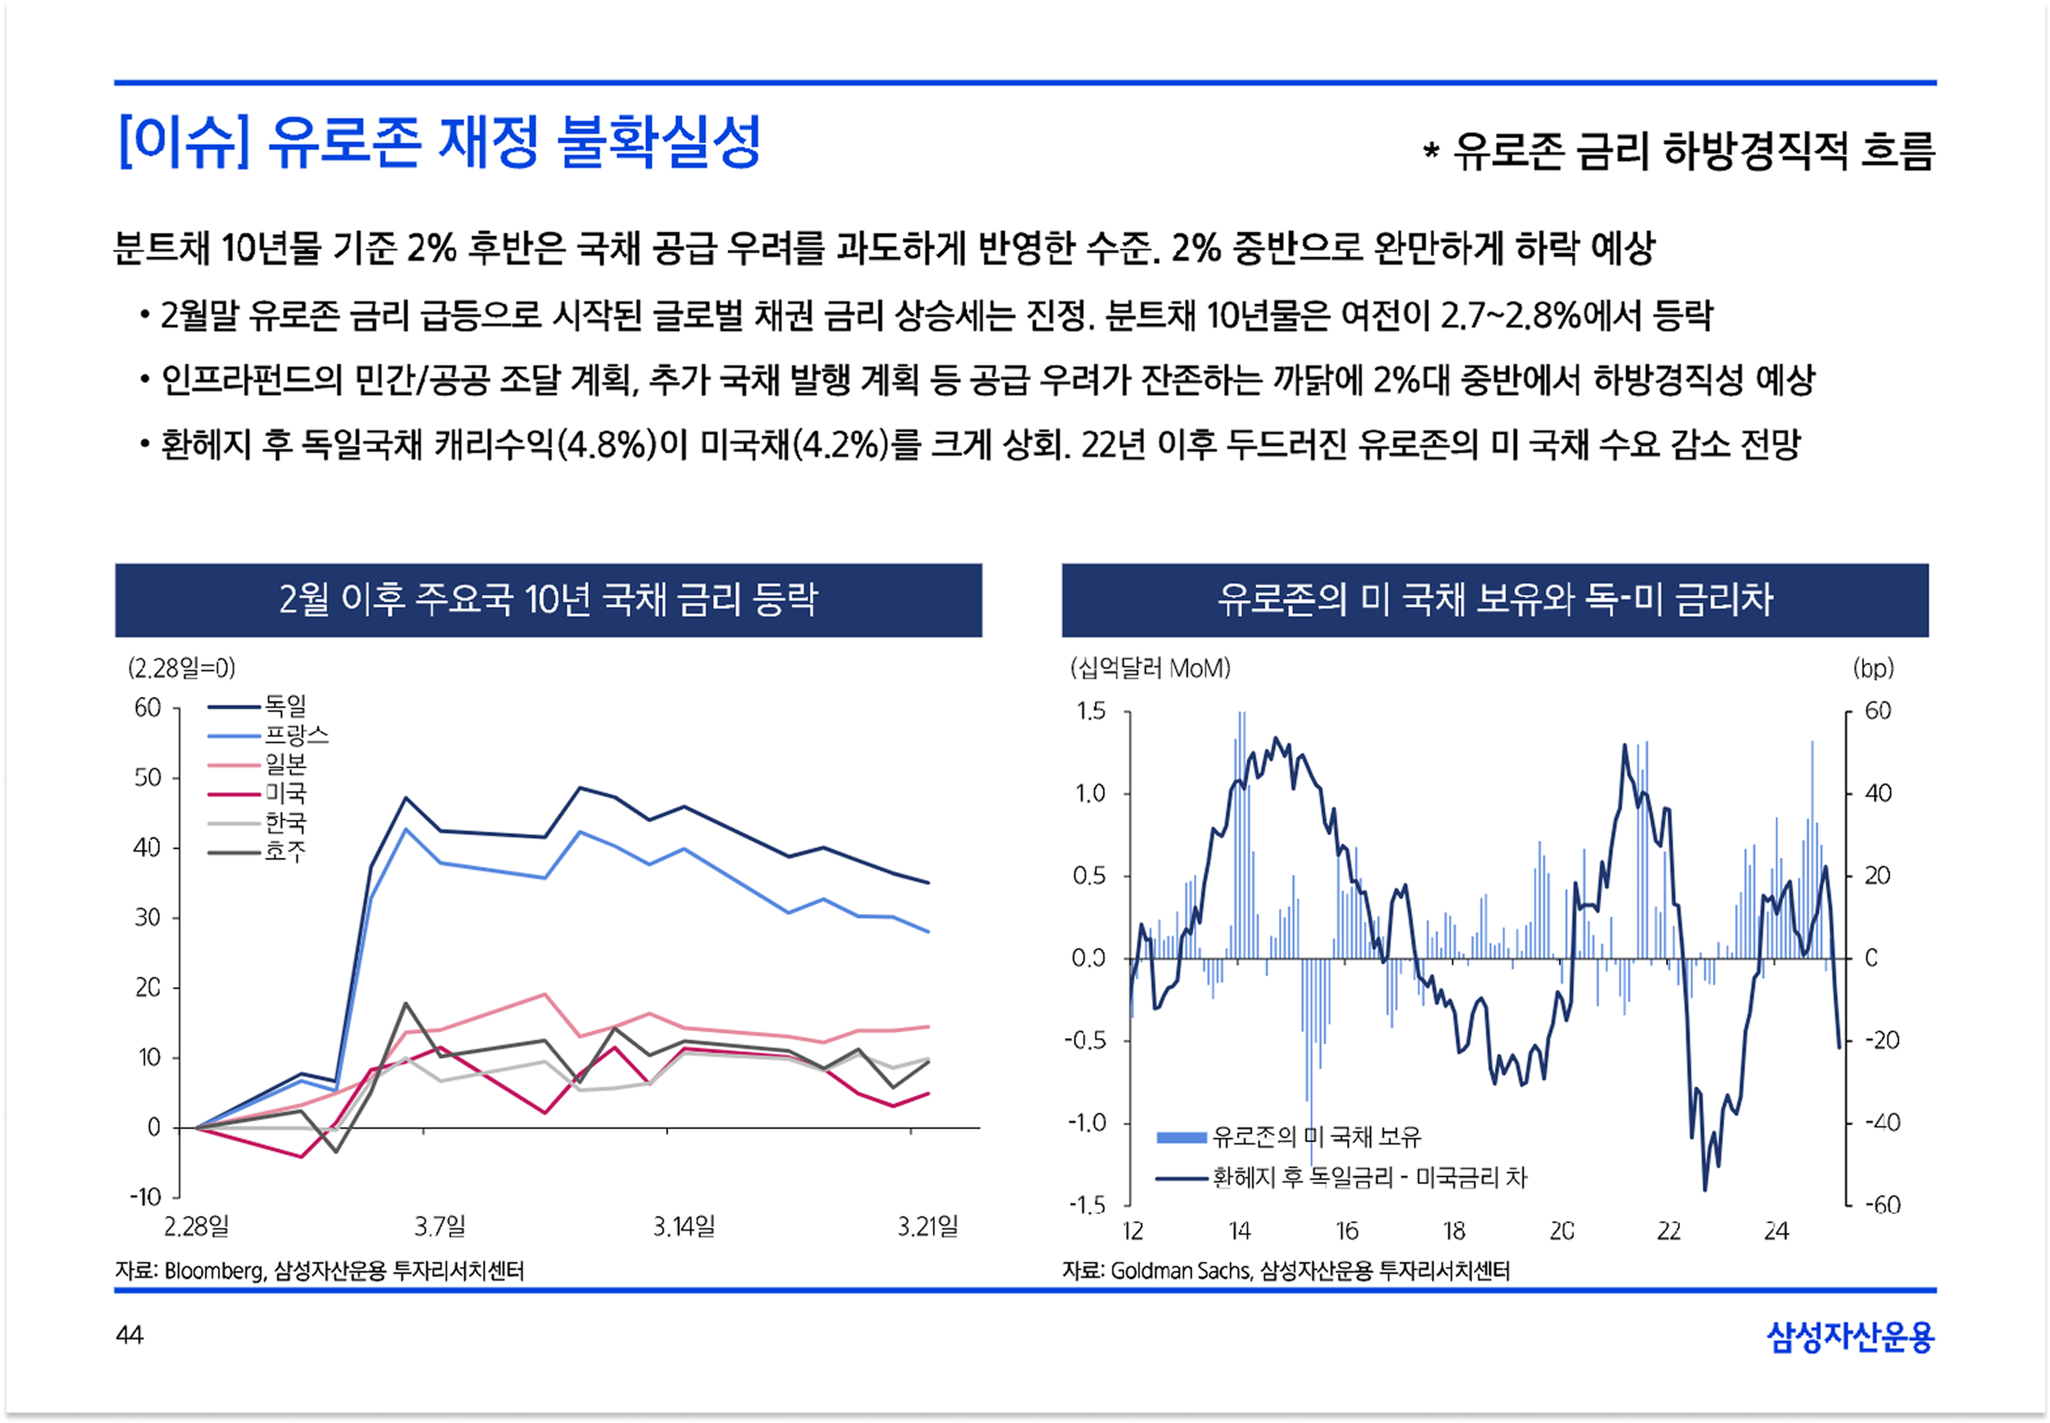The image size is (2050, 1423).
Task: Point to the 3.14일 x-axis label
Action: coord(684,1227)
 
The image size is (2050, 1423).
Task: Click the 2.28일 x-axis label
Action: coord(196,1227)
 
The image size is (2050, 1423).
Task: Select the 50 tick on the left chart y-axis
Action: coord(147,777)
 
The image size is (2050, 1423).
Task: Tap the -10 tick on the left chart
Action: coord(145,1197)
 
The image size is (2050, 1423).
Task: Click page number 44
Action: coord(129,1335)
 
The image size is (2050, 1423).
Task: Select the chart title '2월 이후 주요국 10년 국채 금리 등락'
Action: coord(548,599)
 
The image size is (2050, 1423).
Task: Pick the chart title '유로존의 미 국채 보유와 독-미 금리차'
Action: coord(1495,599)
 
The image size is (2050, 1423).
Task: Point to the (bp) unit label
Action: coord(1873,668)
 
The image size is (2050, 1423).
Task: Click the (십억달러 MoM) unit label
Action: coord(1149,668)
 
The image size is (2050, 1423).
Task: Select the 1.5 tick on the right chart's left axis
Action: coord(1090,711)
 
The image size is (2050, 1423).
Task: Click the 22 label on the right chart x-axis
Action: coord(1668,1231)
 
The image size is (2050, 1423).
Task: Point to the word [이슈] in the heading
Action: coord(183,142)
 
